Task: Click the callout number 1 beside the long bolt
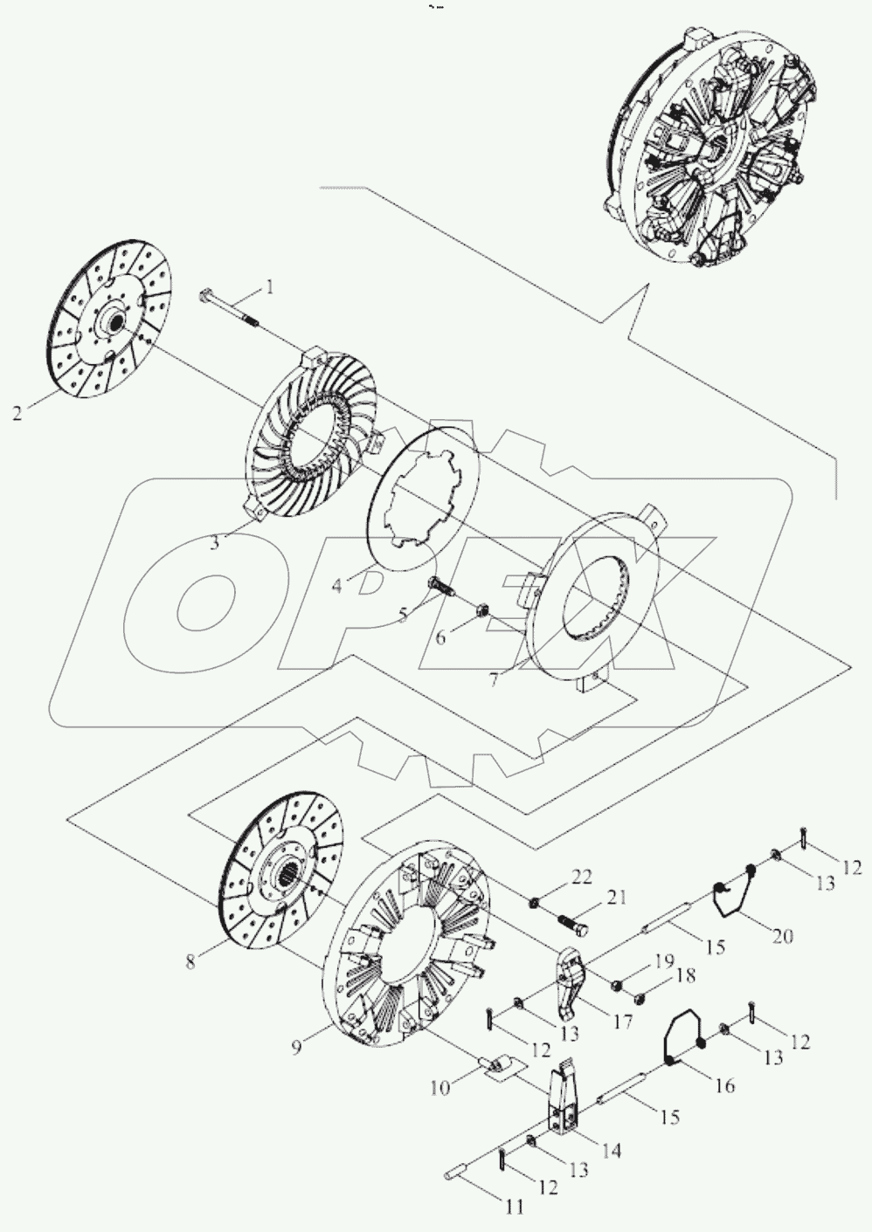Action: pyautogui.click(x=270, y=286)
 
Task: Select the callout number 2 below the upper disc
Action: pyautogui.click(x=17, y=413)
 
